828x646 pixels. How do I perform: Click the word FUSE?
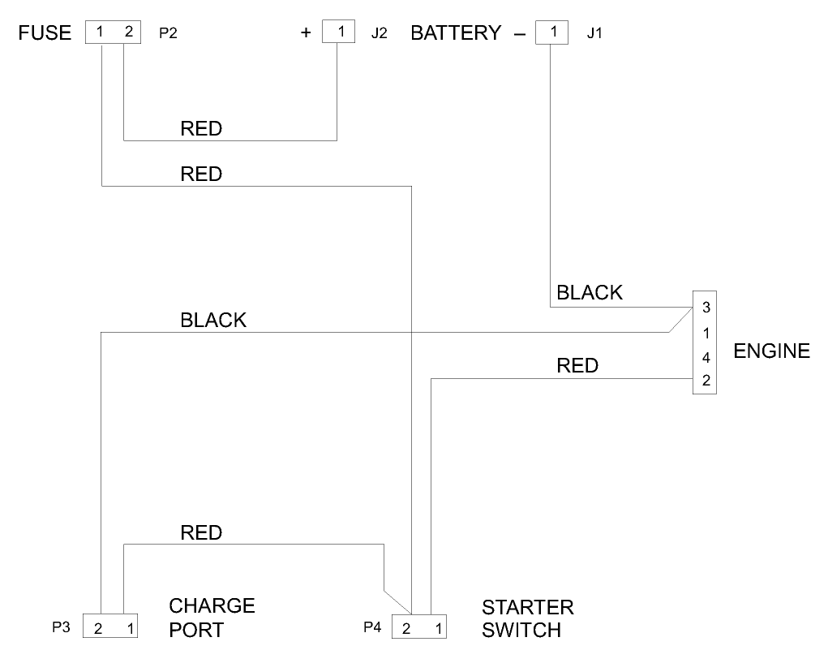pos(45,33)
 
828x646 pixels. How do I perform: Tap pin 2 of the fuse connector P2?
pos(127,33)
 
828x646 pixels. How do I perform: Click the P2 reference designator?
pos(169,34)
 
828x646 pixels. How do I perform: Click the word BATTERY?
pos(456,33)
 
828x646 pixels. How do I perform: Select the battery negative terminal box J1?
pos(552,33)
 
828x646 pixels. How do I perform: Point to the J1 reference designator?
pos(594,34)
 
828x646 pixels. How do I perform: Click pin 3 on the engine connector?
pos(706,307)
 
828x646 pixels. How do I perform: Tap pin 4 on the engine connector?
pos(706,357)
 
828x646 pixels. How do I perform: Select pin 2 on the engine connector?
pos(706,381)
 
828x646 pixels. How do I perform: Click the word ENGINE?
pos(771,351)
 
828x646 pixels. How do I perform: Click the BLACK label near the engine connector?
pos(590,293)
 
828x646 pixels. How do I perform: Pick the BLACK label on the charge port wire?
pos(213,321)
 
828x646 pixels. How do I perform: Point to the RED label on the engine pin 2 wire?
pos(577,366)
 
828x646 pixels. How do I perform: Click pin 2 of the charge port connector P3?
pos(97,628)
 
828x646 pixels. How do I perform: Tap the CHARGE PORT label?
pos(212,618)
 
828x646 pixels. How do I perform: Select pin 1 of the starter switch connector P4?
pos(438,628)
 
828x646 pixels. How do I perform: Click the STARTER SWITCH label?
pos(528,618)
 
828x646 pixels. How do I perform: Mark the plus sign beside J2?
pos(306,34)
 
